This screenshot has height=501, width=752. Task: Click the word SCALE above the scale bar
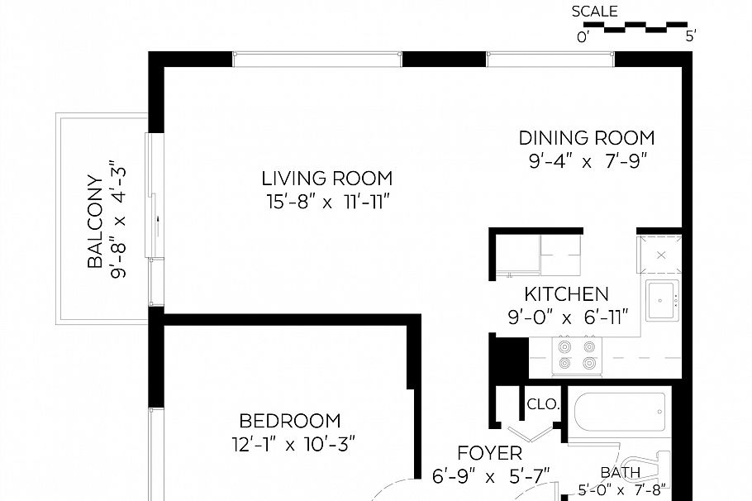pyautogui.click(x=594, y=12)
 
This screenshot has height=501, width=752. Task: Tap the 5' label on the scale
pyautogui.click(x=691, y=36)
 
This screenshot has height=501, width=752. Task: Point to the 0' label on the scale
pyautogui.click(x=583, y=36)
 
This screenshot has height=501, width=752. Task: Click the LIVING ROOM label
pyautogui.click(x=326, y=178)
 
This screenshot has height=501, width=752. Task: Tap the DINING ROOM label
pyautogui.click(x=586, y=137)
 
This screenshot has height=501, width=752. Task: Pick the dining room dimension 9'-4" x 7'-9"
pyautogui.click(x=586, y=162)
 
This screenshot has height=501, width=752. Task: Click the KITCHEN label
pyautogui.click(x=567, y=293)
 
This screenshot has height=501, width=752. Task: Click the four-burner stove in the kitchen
pyautogui.click(x=577, y=354)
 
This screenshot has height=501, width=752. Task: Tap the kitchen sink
pyautogui.click(x=663, y=299)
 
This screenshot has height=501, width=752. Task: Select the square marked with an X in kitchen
pyautogui.click(x=661, y=254)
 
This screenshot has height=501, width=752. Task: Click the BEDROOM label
pyautogui.click(x=289, y=421)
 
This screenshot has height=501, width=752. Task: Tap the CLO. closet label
pyautogui.click(x=544, y=405)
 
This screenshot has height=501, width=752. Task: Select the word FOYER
pyautogui.click(x=490, y=454)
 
